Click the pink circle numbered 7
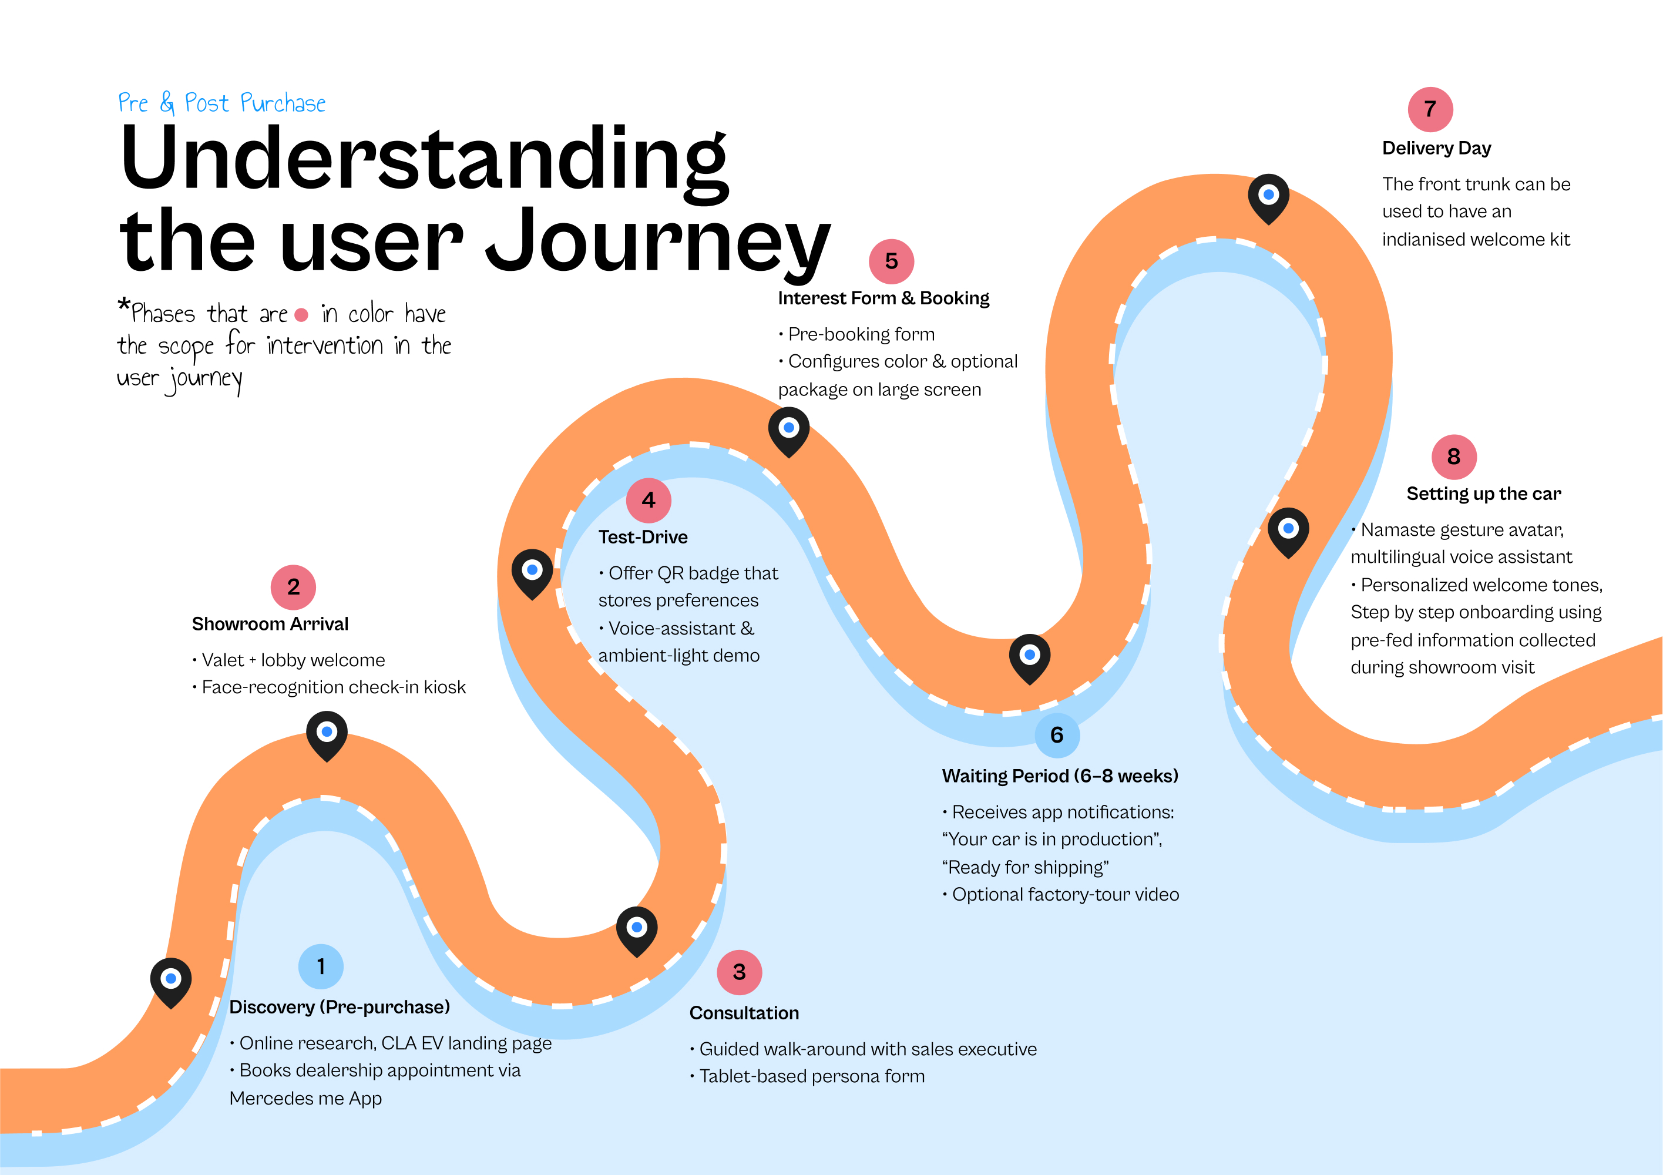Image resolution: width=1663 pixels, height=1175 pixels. pos(1430,109)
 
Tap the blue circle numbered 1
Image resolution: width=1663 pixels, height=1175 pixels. pos(321,966)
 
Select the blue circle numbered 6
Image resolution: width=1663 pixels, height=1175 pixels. pos(1057,736)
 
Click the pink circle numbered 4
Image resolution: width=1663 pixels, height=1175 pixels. pos(649,500)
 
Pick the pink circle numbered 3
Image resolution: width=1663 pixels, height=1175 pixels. pos(739,972)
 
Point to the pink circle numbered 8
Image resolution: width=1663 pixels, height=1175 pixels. pos(1454,457)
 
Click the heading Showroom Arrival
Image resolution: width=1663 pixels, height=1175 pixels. pos(270,624)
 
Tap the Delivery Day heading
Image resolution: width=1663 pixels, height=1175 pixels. pos(1436,148)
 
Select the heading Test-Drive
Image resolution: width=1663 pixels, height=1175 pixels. pos(643,537)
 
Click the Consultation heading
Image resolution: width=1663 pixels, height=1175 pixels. pos(744,1013)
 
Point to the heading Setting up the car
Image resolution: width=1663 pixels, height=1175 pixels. pos(1483,493)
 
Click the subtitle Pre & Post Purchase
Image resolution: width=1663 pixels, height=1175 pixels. pos(221,103)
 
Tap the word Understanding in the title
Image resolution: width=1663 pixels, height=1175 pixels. pos(425,159)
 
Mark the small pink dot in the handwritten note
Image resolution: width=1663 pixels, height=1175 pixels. pos(301,315)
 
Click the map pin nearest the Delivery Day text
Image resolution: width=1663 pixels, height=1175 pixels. pos(1268,196)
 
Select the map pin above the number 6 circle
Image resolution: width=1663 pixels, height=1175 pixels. pos(1029,656)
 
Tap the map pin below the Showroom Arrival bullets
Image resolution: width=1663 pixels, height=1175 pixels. pos(327,733)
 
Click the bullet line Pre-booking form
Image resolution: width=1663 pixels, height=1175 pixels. pos(861,334)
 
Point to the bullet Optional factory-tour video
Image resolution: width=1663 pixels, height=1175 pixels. pos(1065,895)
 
